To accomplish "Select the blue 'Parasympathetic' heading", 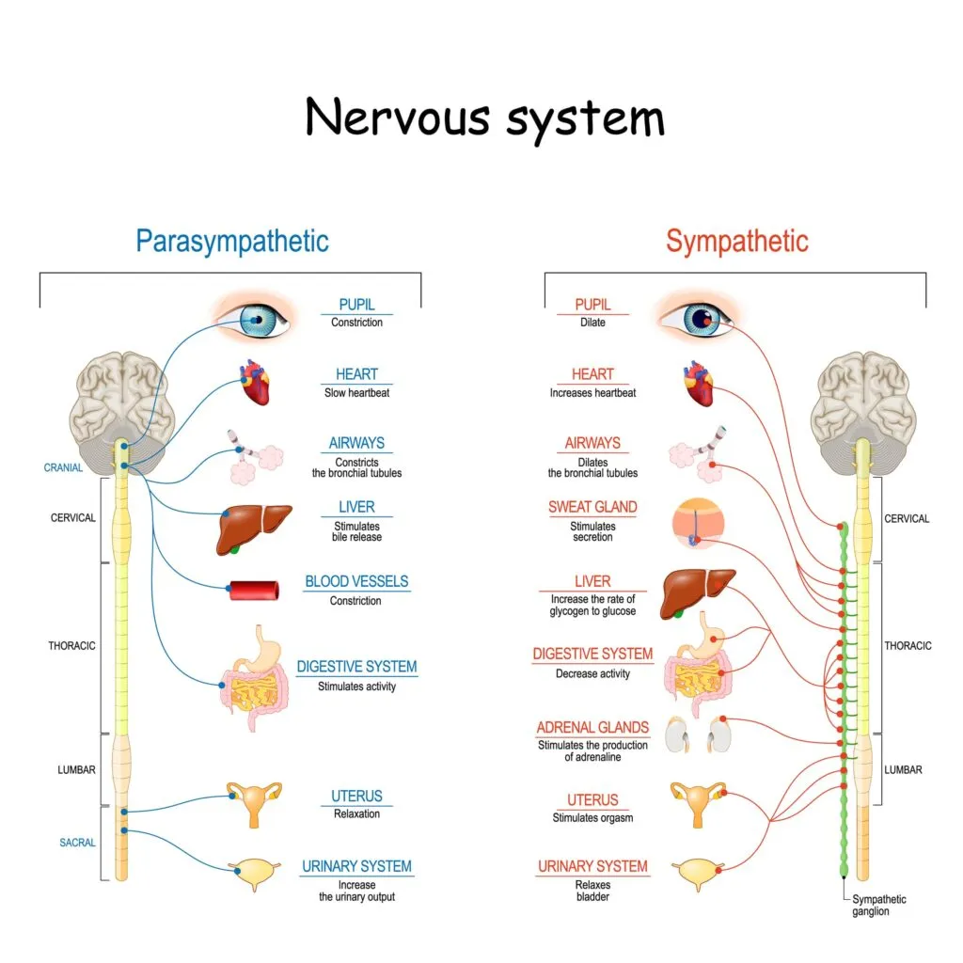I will tap(232, 241).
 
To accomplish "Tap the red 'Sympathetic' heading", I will tap(736, 241).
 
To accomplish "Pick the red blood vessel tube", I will tap(254, 591).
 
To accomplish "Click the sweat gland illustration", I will tap(699, 523).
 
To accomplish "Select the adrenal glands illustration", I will tap(700, 734).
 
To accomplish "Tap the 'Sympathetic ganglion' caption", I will tap(879, 905).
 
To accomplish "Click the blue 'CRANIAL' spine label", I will tap(63, 467).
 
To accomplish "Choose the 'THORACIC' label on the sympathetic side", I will tap(908, 646).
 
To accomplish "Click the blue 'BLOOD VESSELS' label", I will tap(356, 581).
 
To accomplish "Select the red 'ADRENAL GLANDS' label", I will tap(592, 727).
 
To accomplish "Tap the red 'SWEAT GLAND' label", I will tap(592, 507).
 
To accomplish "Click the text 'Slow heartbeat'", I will tap(356, 392).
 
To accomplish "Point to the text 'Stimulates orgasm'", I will tap(592, 817).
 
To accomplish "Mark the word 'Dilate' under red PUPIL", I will tap(592, 323).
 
